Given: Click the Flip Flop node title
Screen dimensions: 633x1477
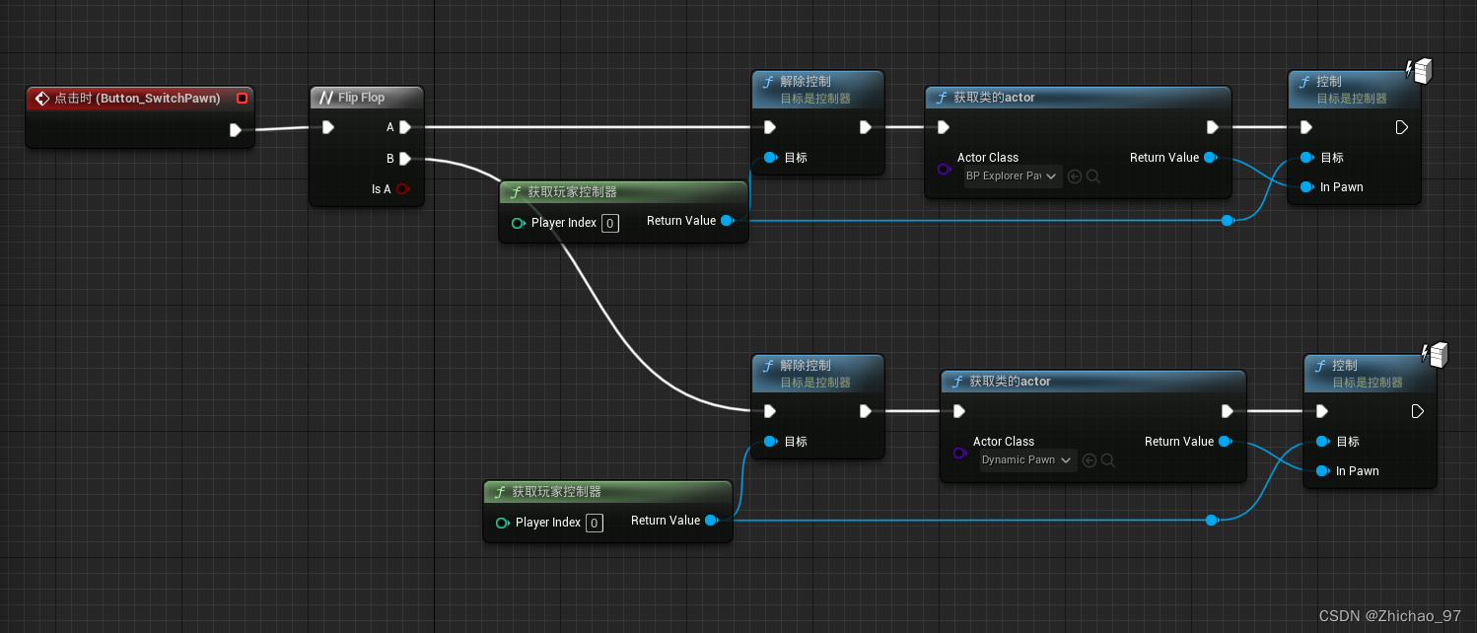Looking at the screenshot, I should (x=361, y=98).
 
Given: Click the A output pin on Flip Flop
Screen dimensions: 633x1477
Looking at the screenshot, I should (x=404, y=127).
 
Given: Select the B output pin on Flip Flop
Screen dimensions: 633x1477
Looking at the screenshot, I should (x=404, y=158).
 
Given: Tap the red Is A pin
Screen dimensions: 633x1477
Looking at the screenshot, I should (x=402, y=189).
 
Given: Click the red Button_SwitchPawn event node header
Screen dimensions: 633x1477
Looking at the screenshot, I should (x=137, y=98).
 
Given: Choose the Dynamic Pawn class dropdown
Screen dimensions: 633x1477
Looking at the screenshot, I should (x=1027, y=460).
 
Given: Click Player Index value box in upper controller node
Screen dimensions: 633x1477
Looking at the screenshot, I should (x=610, y=224).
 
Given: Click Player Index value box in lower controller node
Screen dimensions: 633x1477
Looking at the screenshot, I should (x=595, y=524).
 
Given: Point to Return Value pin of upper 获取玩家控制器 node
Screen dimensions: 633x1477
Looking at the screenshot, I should (x=727, y=221).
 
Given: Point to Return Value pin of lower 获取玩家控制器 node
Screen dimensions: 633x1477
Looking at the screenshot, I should (x=711, y=521).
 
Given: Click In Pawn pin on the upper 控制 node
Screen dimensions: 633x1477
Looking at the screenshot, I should (x=1306, y=187).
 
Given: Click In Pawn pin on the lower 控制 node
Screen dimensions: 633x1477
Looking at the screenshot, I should (x=1322, y=471).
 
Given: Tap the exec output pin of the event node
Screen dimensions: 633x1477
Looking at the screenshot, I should (x=235, y=130).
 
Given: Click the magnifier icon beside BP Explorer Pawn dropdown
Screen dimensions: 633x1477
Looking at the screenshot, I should (x=1092, y=176).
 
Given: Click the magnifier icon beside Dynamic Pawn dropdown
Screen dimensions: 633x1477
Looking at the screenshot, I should (x=1108, y=460).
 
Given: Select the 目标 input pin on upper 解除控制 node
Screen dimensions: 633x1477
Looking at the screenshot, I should (x=770, y=158).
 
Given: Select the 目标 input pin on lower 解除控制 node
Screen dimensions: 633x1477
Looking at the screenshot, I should (x=770, y=442).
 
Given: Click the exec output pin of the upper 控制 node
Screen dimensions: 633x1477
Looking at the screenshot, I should (x=1401, y=127).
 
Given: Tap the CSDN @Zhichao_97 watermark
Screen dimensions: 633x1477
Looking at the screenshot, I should (x=1389, y=616).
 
